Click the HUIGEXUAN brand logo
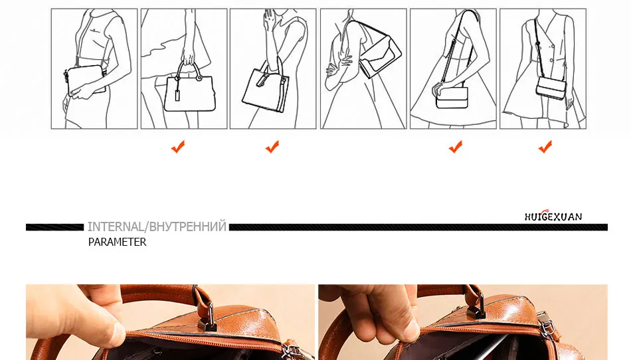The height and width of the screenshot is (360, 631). [x=553, y=216]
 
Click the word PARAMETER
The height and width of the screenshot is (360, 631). [x=117, y=242]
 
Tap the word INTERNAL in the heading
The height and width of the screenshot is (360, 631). [x=116, y=227]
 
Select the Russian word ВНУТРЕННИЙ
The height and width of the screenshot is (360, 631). [x=188, y=227]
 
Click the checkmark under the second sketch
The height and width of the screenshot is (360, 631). [x=178, y=147]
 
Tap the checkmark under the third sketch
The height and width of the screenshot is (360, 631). [x=272, y=147]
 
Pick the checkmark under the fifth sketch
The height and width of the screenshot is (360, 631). [x=456, y=147]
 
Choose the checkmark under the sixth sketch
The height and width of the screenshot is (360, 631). [x=545, y=147]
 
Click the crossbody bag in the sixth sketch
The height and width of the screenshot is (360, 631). [x=551, y=88]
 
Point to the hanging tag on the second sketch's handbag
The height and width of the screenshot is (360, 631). [x=177, y=96]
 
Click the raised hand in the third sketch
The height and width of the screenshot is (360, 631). [x=268, y=19]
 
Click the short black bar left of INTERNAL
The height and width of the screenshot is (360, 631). [x=54, y=227]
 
